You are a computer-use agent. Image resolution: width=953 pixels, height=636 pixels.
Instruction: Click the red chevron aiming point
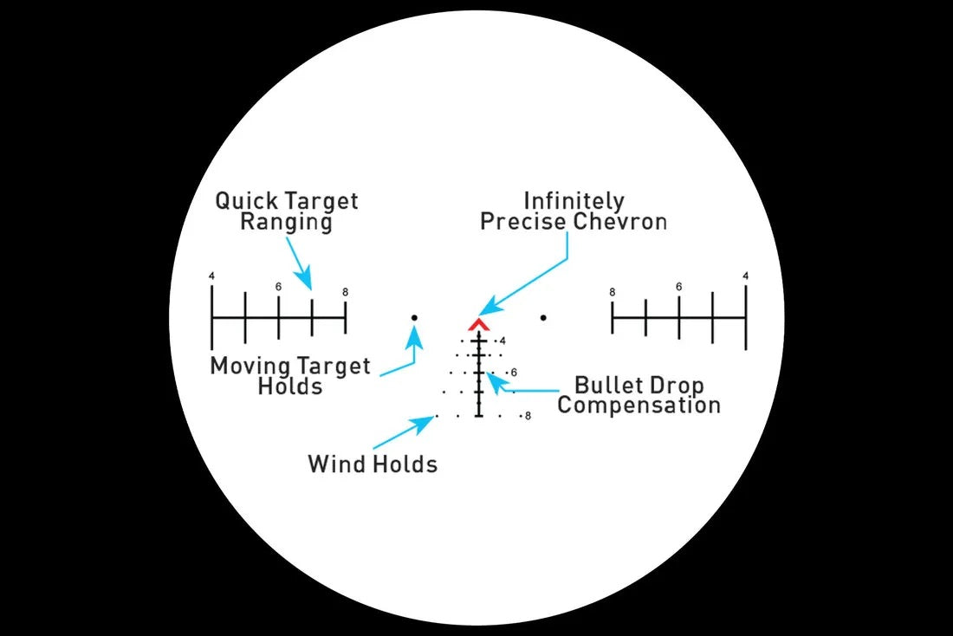(x=478, y=325)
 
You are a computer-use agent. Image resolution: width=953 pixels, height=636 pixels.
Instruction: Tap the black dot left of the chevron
(x=414, y=318)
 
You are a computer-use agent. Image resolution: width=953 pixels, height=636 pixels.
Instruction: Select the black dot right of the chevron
(x=543, y=318)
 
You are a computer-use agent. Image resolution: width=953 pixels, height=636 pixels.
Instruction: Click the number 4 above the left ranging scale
(x=211, y=276)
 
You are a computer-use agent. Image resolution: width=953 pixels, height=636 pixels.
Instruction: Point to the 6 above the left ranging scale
(x=278, y=287)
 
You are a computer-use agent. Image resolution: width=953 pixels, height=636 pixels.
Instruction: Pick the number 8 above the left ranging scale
(x=345, y=292)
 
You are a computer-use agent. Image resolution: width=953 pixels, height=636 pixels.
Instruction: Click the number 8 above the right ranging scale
(x=613, y=292)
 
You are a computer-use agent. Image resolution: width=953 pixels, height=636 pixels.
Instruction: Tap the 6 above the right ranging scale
(x=679, y=287)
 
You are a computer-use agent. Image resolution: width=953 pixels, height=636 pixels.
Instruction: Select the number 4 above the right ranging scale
(x=746, y=276)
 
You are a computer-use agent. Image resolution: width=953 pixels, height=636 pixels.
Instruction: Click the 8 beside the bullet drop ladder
(x=528, y=417)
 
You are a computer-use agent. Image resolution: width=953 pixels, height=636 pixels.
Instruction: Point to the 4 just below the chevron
(x=502, y=341)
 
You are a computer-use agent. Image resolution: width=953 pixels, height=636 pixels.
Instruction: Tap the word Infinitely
(x=574, y=201)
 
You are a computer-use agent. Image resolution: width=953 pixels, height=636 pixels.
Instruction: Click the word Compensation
(x=639, y=406)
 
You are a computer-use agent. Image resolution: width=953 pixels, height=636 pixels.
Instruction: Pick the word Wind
(x=334, y=464)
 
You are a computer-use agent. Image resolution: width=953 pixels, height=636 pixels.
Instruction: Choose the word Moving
(x=247, y=366)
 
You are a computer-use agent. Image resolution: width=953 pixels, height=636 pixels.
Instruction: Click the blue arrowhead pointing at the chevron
(x=489, y=307)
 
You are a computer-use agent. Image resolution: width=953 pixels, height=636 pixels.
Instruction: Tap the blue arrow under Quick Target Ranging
(x=298, y=265)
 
